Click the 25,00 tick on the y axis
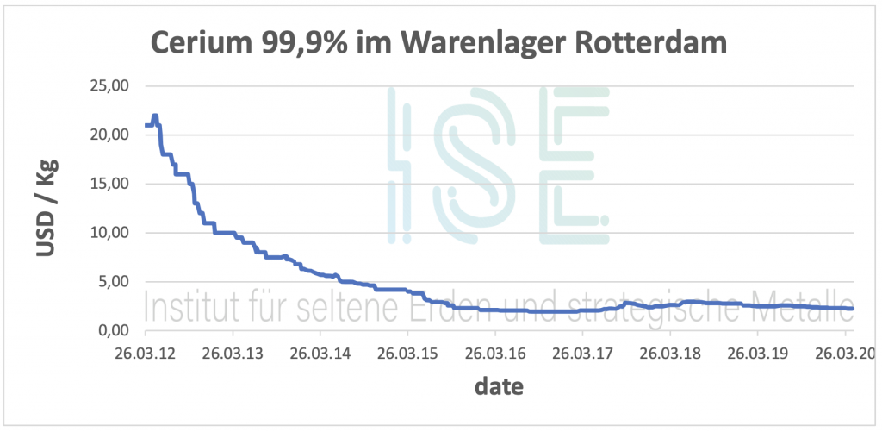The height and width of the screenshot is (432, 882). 110,86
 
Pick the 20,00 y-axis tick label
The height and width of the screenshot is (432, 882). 110,135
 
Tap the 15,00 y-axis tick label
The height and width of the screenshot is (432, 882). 110,184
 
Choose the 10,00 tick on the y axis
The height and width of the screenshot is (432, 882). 110,233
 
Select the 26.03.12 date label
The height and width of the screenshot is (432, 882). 146,354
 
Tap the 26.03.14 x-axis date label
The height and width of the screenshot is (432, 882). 320,354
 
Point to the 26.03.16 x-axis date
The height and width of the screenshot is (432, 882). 495,354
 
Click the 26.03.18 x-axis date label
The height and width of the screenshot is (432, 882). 670,354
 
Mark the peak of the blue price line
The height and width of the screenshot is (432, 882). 155,116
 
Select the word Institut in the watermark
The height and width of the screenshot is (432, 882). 190,308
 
